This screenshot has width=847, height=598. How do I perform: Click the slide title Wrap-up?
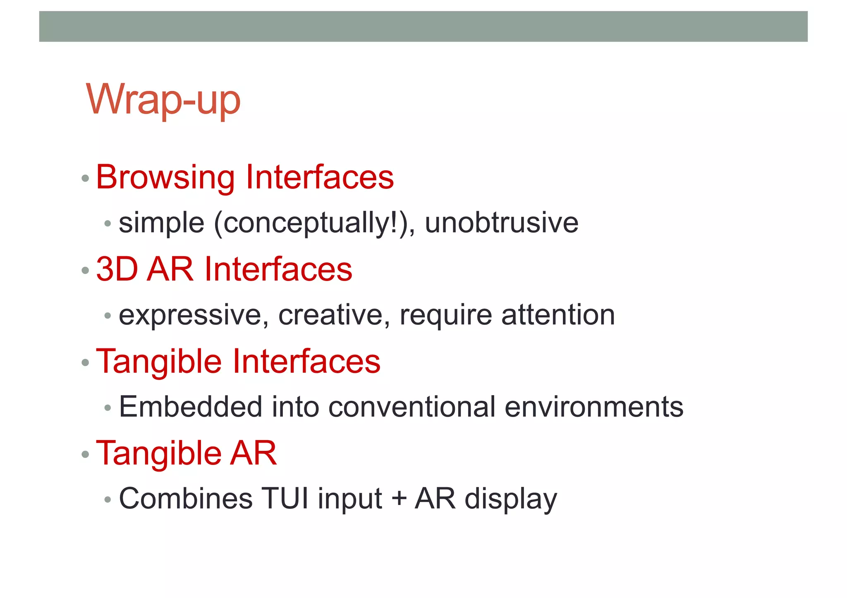[x=163, y=100]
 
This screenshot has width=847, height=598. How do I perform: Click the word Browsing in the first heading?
[x=165, y=178]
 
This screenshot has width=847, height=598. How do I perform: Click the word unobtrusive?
[x=501, y=223]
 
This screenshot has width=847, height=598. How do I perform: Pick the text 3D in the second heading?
[x=117, y=269]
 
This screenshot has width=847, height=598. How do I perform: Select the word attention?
[x=558, y=315]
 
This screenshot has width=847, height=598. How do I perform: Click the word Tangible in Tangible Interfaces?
[x=159, y=362]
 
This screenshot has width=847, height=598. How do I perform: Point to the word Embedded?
[x=190, y=407]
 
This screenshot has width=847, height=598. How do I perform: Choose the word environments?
[x=594, y=407]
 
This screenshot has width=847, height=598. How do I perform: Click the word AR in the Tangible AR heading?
[x=253, y=453]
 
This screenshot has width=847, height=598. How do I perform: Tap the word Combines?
[x=185, y=499]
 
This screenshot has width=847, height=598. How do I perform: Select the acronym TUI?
[x=285, y=499]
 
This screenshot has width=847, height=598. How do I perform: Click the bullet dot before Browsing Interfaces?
[x=86, y=179]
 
